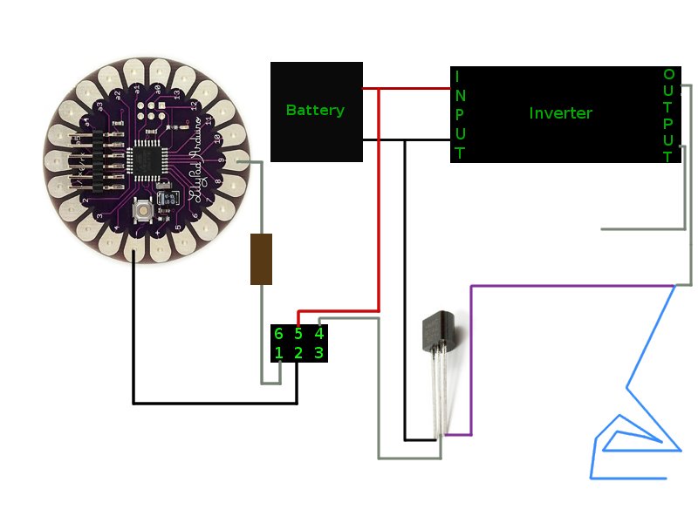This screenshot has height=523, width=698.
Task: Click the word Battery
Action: (315, 111)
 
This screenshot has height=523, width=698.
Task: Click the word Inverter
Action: (560, 113)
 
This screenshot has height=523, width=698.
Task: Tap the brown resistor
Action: (261, 259)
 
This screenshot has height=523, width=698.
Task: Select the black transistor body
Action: (436, 330)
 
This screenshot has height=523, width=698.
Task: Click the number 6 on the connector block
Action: (278, 334)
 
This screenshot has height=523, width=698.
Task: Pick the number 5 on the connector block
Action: (298, 334)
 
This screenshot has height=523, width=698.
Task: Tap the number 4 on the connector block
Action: (318, 334)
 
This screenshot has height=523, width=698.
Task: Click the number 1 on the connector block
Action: (278, 353)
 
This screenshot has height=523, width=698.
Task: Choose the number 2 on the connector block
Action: (298, 353)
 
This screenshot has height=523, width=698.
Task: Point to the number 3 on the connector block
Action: (318, 353)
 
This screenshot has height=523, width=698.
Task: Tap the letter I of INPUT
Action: (457, 76)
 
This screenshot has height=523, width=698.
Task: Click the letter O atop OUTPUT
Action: (668, 75)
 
